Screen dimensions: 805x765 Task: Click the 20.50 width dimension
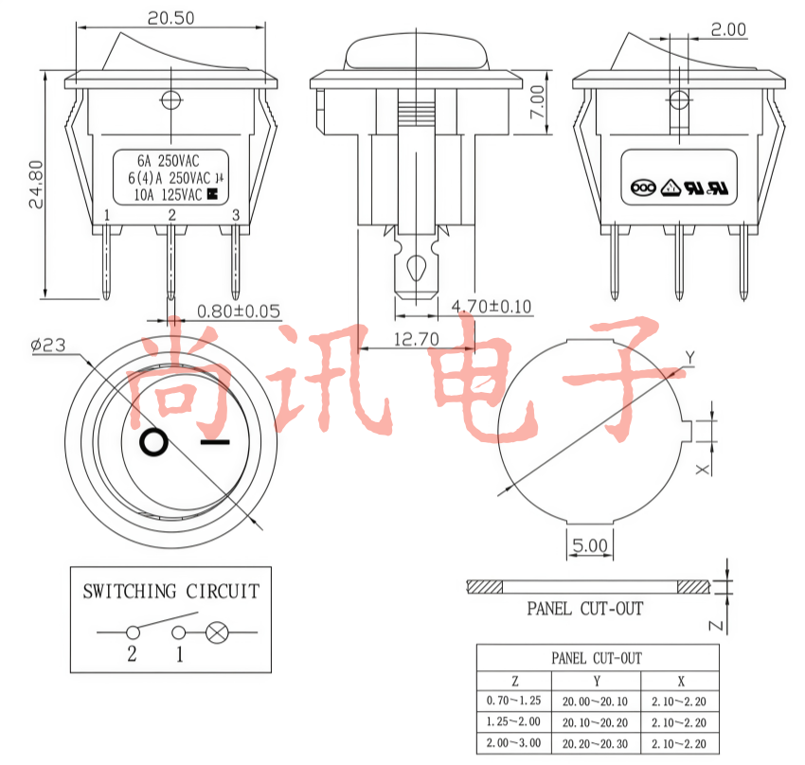pos(171,19)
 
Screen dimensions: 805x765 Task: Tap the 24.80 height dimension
pos(36,185)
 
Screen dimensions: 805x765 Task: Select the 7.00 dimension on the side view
pos(537,101)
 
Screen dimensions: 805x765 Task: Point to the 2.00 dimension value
pos(728,29)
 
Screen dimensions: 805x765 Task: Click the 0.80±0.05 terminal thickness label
pos(239,311)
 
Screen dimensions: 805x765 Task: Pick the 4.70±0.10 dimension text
pos(492,307)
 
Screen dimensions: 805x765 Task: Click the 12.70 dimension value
pos(417,339)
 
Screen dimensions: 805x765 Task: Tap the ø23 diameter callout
pos(48,345)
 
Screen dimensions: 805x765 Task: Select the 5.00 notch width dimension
pos(590,545)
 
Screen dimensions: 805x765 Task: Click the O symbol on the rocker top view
pos(153,442)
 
